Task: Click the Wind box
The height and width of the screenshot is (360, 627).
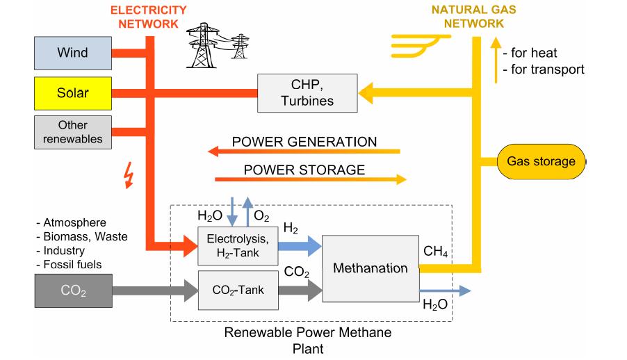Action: [x=72, y=53]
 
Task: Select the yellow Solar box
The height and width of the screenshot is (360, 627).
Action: [x=72, y=92]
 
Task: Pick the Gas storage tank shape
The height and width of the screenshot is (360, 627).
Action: [x=541, y=161]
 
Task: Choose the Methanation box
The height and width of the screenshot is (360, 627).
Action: [x=370, y=268]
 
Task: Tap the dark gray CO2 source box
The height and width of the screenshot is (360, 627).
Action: [x=72, y=291]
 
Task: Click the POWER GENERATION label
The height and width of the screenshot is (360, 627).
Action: [x=304, y=142]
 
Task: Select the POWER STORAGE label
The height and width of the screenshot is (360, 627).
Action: [x=304, y=170]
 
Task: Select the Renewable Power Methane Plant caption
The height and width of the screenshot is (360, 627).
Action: [x=307, y=339]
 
